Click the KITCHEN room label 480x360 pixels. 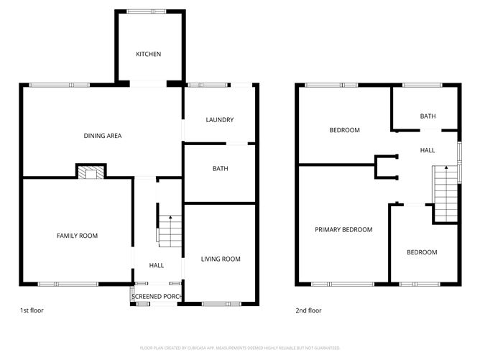click(x=149, y=55)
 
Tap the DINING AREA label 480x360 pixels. click(x=102, y=135)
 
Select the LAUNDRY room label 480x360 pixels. click(x=220, y=120)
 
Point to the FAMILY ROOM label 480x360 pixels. click(x=78, y=236)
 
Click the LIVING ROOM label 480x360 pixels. click(x=221, y=259)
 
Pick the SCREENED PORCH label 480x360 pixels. click(x=157, y=296)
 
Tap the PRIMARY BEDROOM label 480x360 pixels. click(x=343, y=230)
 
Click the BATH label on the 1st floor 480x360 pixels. click(x=220, y=170)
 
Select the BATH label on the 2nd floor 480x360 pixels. click(x=428, y=116)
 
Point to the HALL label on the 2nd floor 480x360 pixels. click(x=428, y=150)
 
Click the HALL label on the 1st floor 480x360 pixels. click(x=157, y=265)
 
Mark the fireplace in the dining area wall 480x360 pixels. click(x=91, y=172)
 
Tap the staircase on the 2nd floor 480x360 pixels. click(x=446, y=193)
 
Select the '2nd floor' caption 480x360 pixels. click(x=308, y=310)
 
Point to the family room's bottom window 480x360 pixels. click(x=68, y=284)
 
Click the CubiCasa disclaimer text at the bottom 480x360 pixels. click(x=239, y=346)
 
